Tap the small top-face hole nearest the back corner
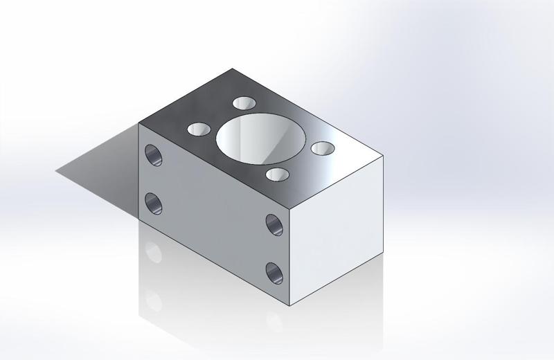click(244, 103)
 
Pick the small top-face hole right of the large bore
click(322, 148)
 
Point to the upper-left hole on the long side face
click(153, 154)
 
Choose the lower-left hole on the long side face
click(153, 204)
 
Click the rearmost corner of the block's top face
click(232, 69)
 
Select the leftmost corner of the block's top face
click(139, 123)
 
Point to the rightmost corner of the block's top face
click(383, 156)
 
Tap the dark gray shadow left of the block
click(97, 163)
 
